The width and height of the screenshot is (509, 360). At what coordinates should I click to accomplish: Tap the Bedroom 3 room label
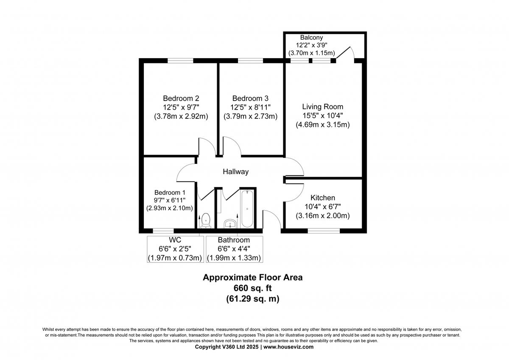[x=250, y=98]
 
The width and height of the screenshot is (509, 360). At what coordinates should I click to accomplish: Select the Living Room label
[x=322, y=107]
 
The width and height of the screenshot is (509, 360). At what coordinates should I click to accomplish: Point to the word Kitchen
[x=323, y=198]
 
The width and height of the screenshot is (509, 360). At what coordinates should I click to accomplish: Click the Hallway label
[x=236, y=172]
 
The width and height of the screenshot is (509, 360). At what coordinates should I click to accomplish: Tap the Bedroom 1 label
[x=170, y=192]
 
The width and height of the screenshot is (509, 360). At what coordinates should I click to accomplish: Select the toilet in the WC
[x=206, y=220]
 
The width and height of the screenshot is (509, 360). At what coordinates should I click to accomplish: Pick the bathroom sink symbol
[x=230, y=223]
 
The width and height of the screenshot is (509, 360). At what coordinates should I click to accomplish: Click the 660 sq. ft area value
[x=253, y=288]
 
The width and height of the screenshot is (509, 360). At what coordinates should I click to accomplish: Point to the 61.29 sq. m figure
[x=253, y=299]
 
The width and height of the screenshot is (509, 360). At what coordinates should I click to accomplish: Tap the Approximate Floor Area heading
[x=253, y=278]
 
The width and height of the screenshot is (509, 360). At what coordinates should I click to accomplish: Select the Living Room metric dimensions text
[x=322, y=125]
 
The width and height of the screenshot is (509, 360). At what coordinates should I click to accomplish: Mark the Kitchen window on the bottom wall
[x=323, y=231]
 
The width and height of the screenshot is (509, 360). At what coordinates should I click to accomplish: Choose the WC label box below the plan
[x=175, y=249]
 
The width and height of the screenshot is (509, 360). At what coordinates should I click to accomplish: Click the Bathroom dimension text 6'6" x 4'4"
[x=234, y=249]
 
